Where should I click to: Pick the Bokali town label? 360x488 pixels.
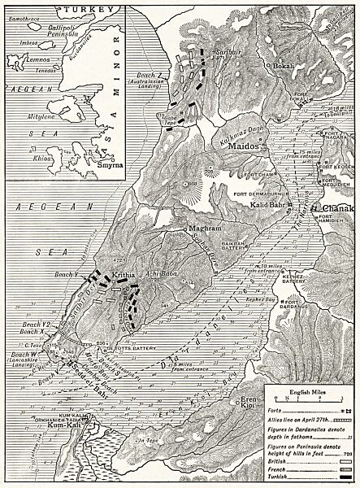click(x=284, y=65)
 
